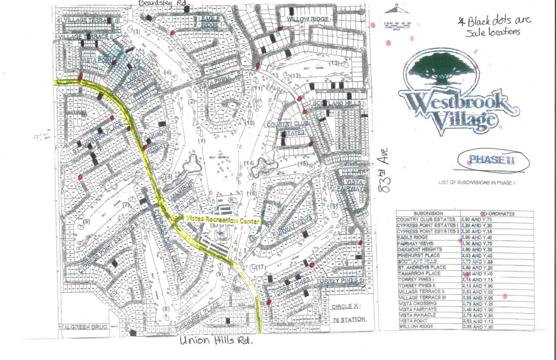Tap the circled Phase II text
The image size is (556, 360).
pos(488,160)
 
